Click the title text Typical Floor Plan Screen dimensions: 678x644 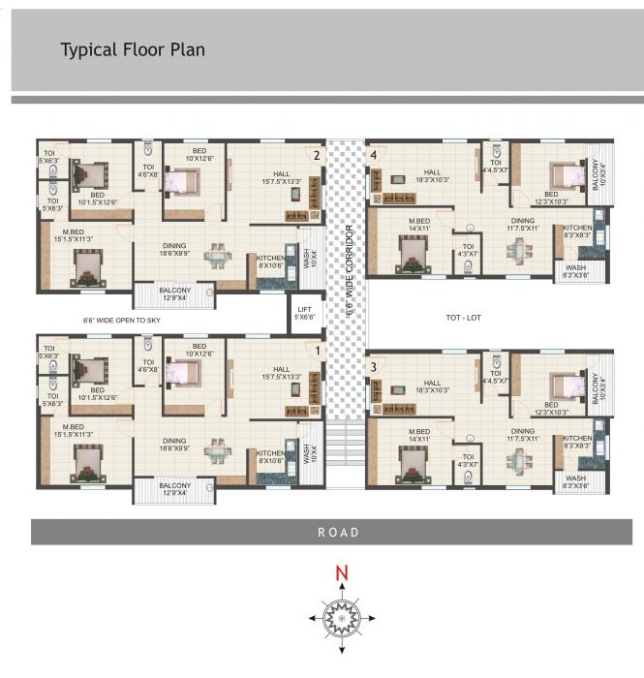click(x=133, y=49)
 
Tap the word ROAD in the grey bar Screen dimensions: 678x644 click(x=338, y=532)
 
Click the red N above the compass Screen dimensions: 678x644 click(x=341, y=573)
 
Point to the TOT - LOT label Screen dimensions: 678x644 click(x=463, y=318)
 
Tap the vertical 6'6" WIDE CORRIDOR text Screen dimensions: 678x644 click(x=350, y=270)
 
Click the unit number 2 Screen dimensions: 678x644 click(x=315, y=154)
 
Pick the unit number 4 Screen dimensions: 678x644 click(x=374, y=154)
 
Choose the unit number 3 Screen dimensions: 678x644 click(x=373, y=367)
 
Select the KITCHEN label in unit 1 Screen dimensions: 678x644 click(x=271, y=455)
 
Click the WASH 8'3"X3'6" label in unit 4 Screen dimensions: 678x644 click(x=575, y=271)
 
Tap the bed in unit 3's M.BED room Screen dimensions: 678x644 click(x=414, y=465)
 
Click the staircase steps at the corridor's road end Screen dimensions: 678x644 click(x=344, y=446)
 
